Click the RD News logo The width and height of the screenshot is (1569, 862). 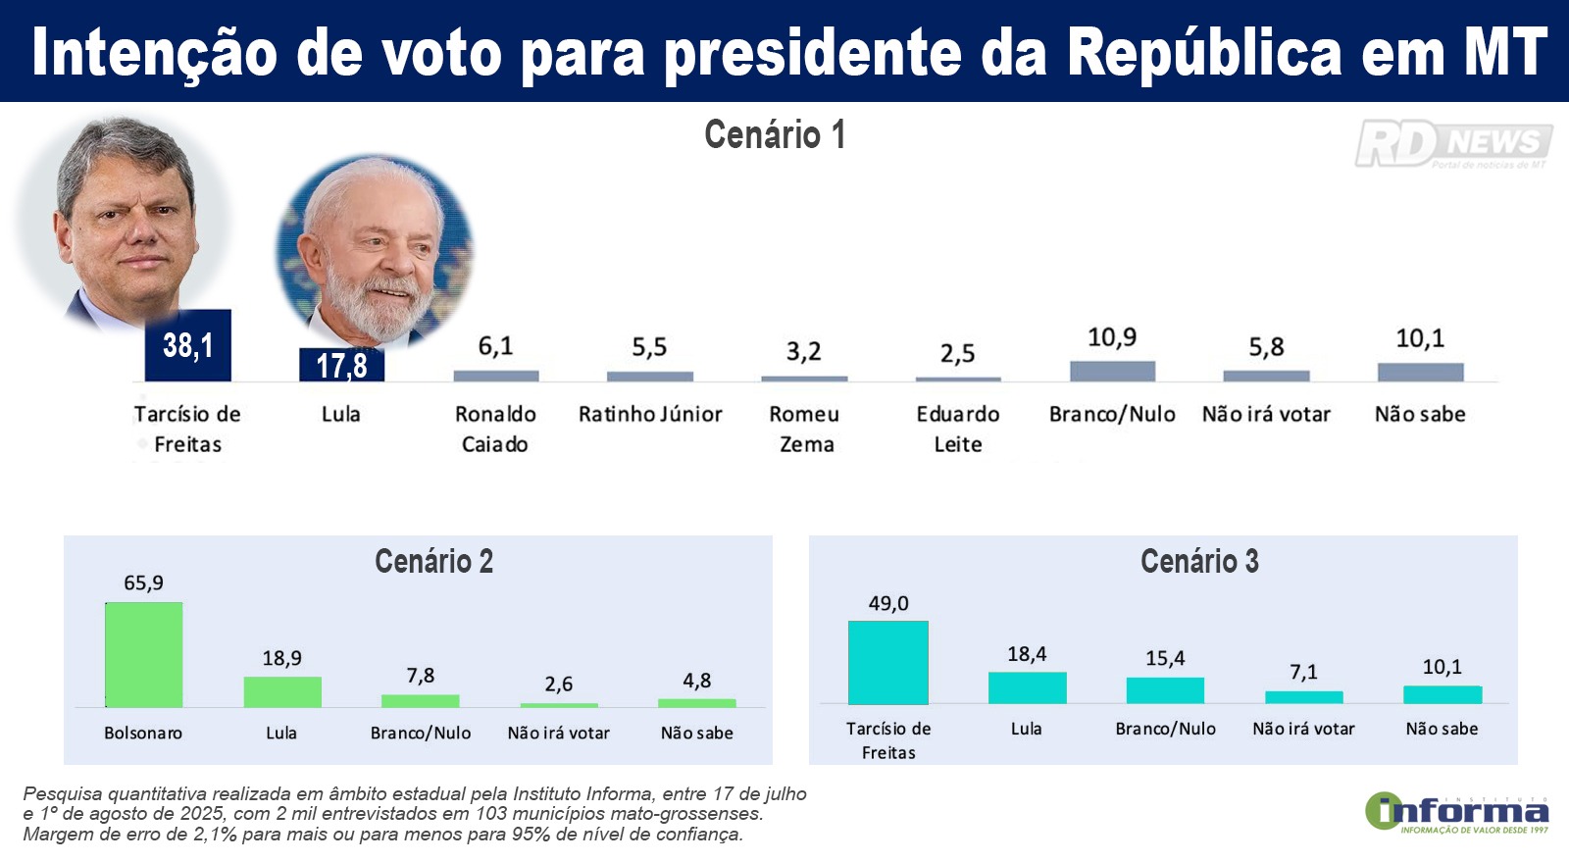pyautogui.click(x=1453, y=144)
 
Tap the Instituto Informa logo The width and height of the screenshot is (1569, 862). pyautogui.click(x=1457, y=813)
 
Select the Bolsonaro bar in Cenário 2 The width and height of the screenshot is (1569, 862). pyautogui.click(x=143, y=654)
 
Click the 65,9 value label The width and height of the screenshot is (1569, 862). pyautogui.click(x=143, y=583)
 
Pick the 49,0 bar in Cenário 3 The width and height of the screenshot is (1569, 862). pyautogui.click(x=887, y=662)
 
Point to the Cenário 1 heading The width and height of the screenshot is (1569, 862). pyautogui.click(x=774, y=134)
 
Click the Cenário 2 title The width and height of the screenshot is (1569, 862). pyautogui.click(x=433, y=561)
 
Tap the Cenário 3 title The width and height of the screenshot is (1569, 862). pyautogui.click(x=1199, y=561)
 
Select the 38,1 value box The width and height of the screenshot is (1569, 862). pyautogui.click(x=187, y=345)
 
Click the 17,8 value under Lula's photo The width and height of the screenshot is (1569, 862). pyautogui.click(x=341, y=366)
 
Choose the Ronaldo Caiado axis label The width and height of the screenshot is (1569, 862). pyautogui.click(x=495, y=429)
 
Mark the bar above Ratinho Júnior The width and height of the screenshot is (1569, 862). pyautogui.click(x=649, y=376)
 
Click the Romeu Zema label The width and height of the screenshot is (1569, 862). pyautogui.click(x=804, y=429)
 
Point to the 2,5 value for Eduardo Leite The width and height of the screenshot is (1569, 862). pyautogui.click(x=957, y=353)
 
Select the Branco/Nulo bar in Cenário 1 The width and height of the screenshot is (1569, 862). pyautogui.click(x=1112, y=371)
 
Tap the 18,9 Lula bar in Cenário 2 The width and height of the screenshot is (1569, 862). pyautogui.click(x=282, y=691)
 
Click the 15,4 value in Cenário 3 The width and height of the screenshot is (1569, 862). pyautogui.click(x=1165, y=658)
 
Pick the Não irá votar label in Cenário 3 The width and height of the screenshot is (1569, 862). pyautogui.click(x=1303, y=729)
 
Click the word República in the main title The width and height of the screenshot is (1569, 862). pyautogui.click(x=1204, y=52)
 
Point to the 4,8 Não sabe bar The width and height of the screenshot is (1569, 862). pyautogui.click(x=696, y=702)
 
